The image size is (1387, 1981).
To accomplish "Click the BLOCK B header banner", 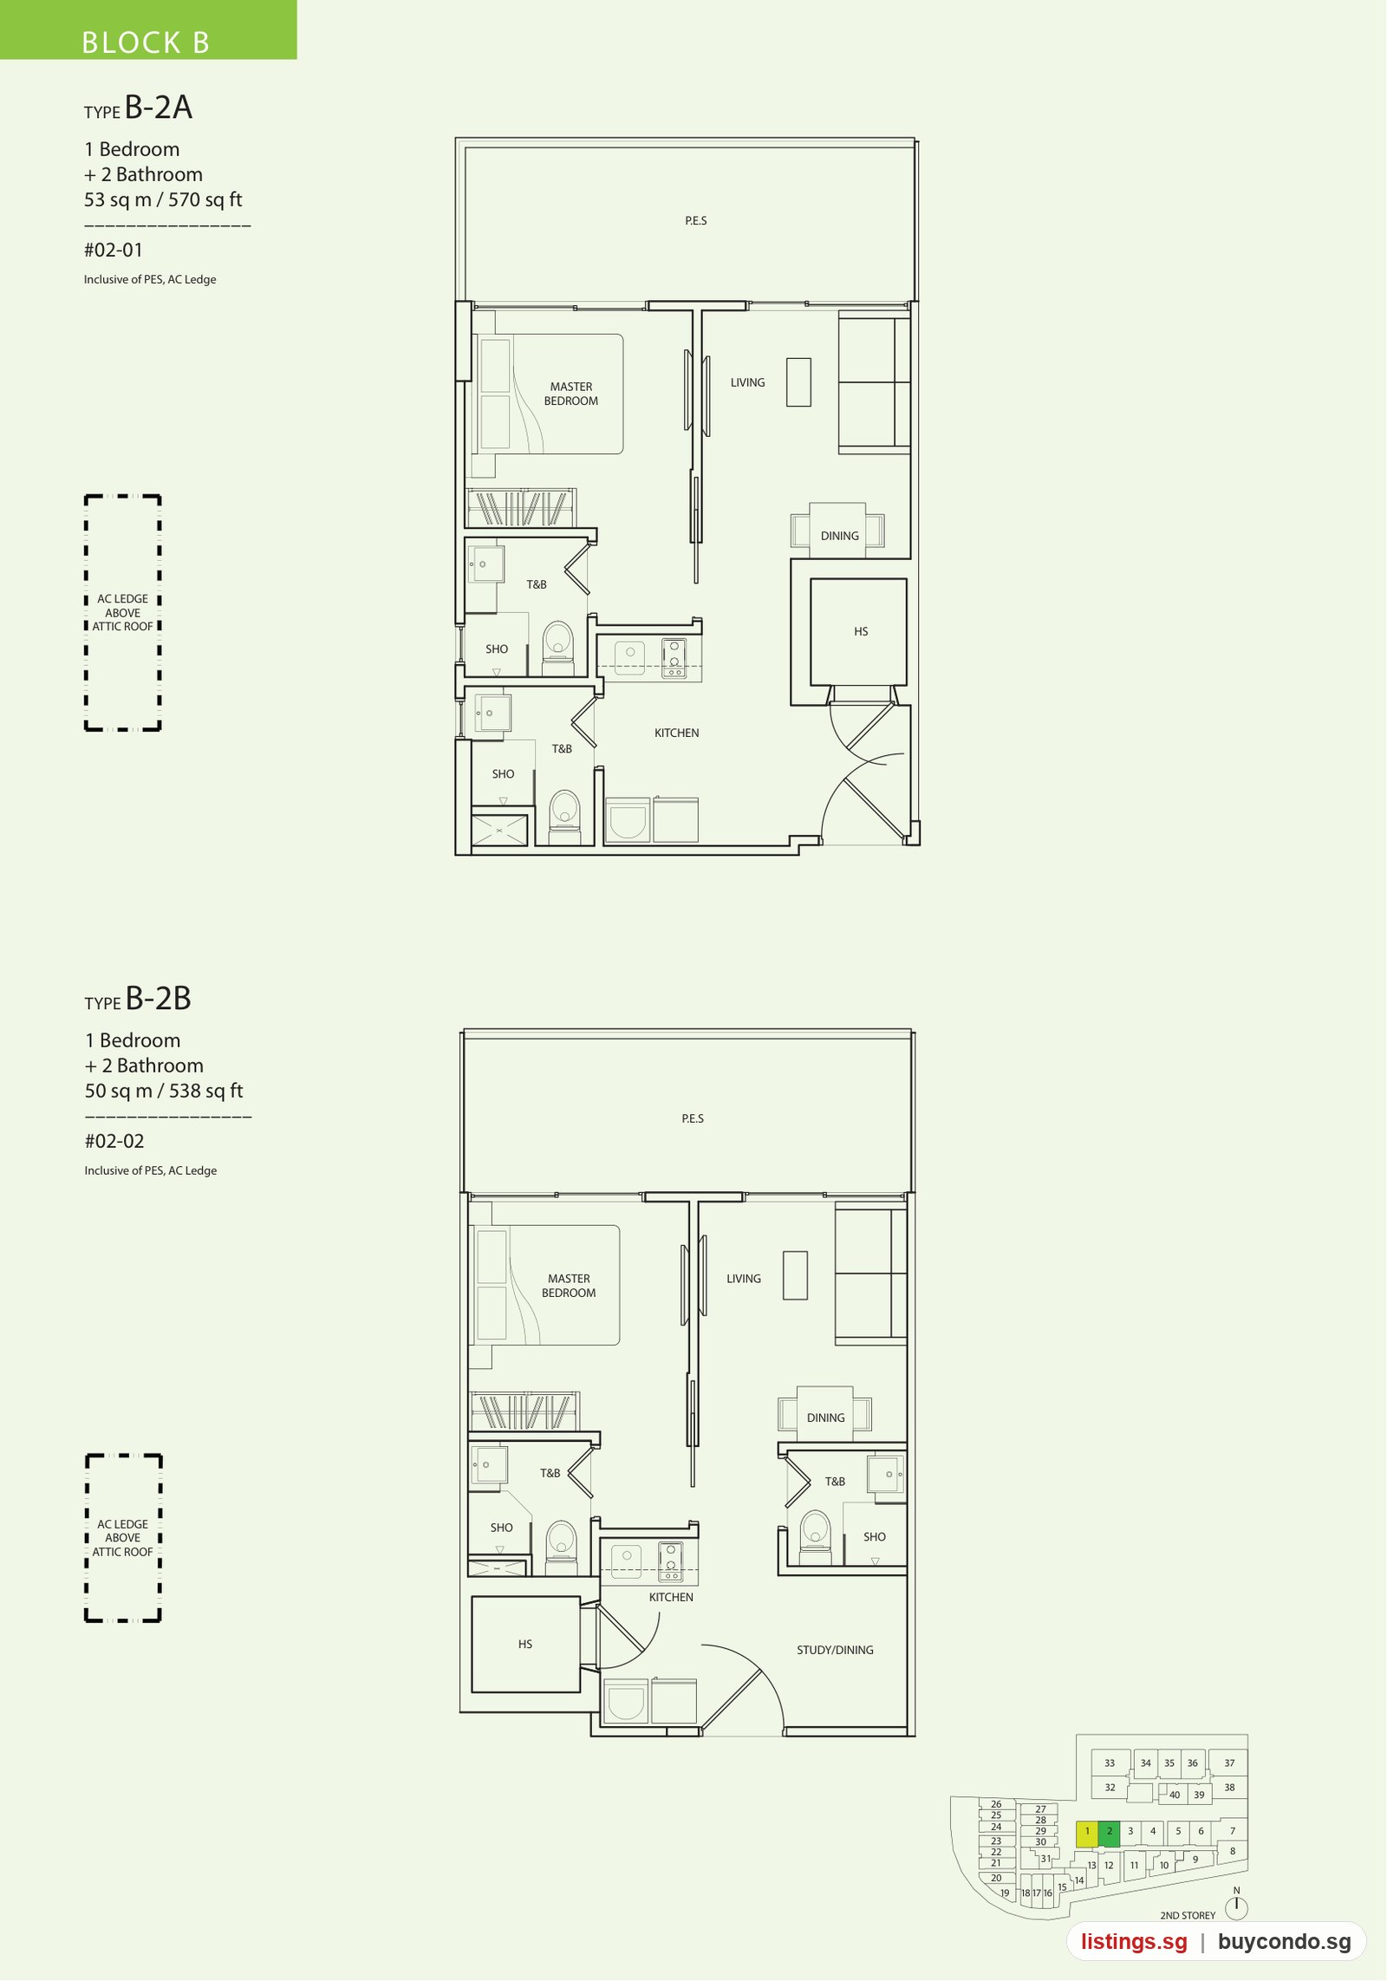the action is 148,29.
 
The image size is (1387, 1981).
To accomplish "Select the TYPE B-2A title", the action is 139,108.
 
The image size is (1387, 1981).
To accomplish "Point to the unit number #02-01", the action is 114,251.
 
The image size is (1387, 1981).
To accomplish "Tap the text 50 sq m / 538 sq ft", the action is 164,1091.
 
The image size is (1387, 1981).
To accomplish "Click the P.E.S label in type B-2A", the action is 696,221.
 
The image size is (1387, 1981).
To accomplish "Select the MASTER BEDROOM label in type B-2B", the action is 569,1286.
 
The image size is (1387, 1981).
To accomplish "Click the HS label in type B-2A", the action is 861,632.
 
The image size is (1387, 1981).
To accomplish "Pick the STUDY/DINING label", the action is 835,1650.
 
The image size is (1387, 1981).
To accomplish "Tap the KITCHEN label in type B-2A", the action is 676,733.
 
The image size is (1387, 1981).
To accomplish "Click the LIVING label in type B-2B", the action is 744,1279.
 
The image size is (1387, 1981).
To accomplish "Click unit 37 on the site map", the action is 1229,1763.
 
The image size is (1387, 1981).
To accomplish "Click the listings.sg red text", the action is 1134,1942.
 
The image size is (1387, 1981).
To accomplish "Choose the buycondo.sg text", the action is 1285,1942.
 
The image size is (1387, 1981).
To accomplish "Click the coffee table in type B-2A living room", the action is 798,382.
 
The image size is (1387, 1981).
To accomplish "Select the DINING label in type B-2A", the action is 840,537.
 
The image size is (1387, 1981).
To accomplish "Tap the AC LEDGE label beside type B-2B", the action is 122,1524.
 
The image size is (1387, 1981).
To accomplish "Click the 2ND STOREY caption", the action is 1188,1915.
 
